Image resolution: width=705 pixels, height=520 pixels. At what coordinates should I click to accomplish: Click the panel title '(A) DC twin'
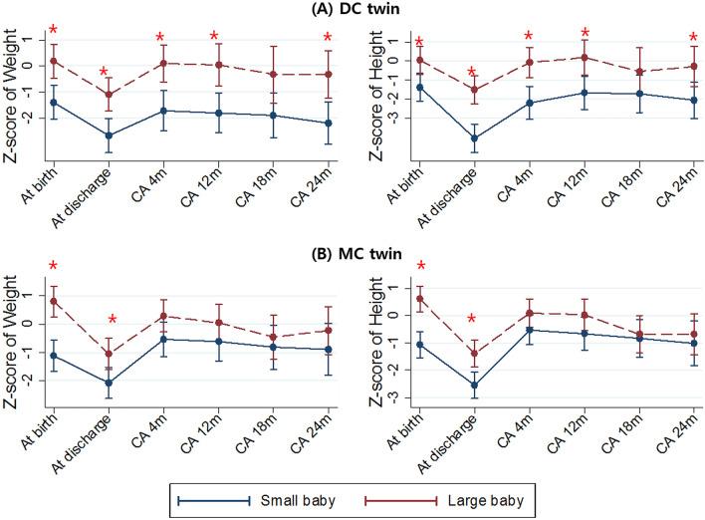tap(352, 10)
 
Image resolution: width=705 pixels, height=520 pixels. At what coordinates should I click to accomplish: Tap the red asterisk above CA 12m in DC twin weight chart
tap(214, 38)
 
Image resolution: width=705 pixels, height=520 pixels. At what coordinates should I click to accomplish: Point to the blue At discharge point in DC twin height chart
tap(474, 138)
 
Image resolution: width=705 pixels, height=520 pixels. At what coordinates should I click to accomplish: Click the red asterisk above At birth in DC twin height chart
tap(419, 43)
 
